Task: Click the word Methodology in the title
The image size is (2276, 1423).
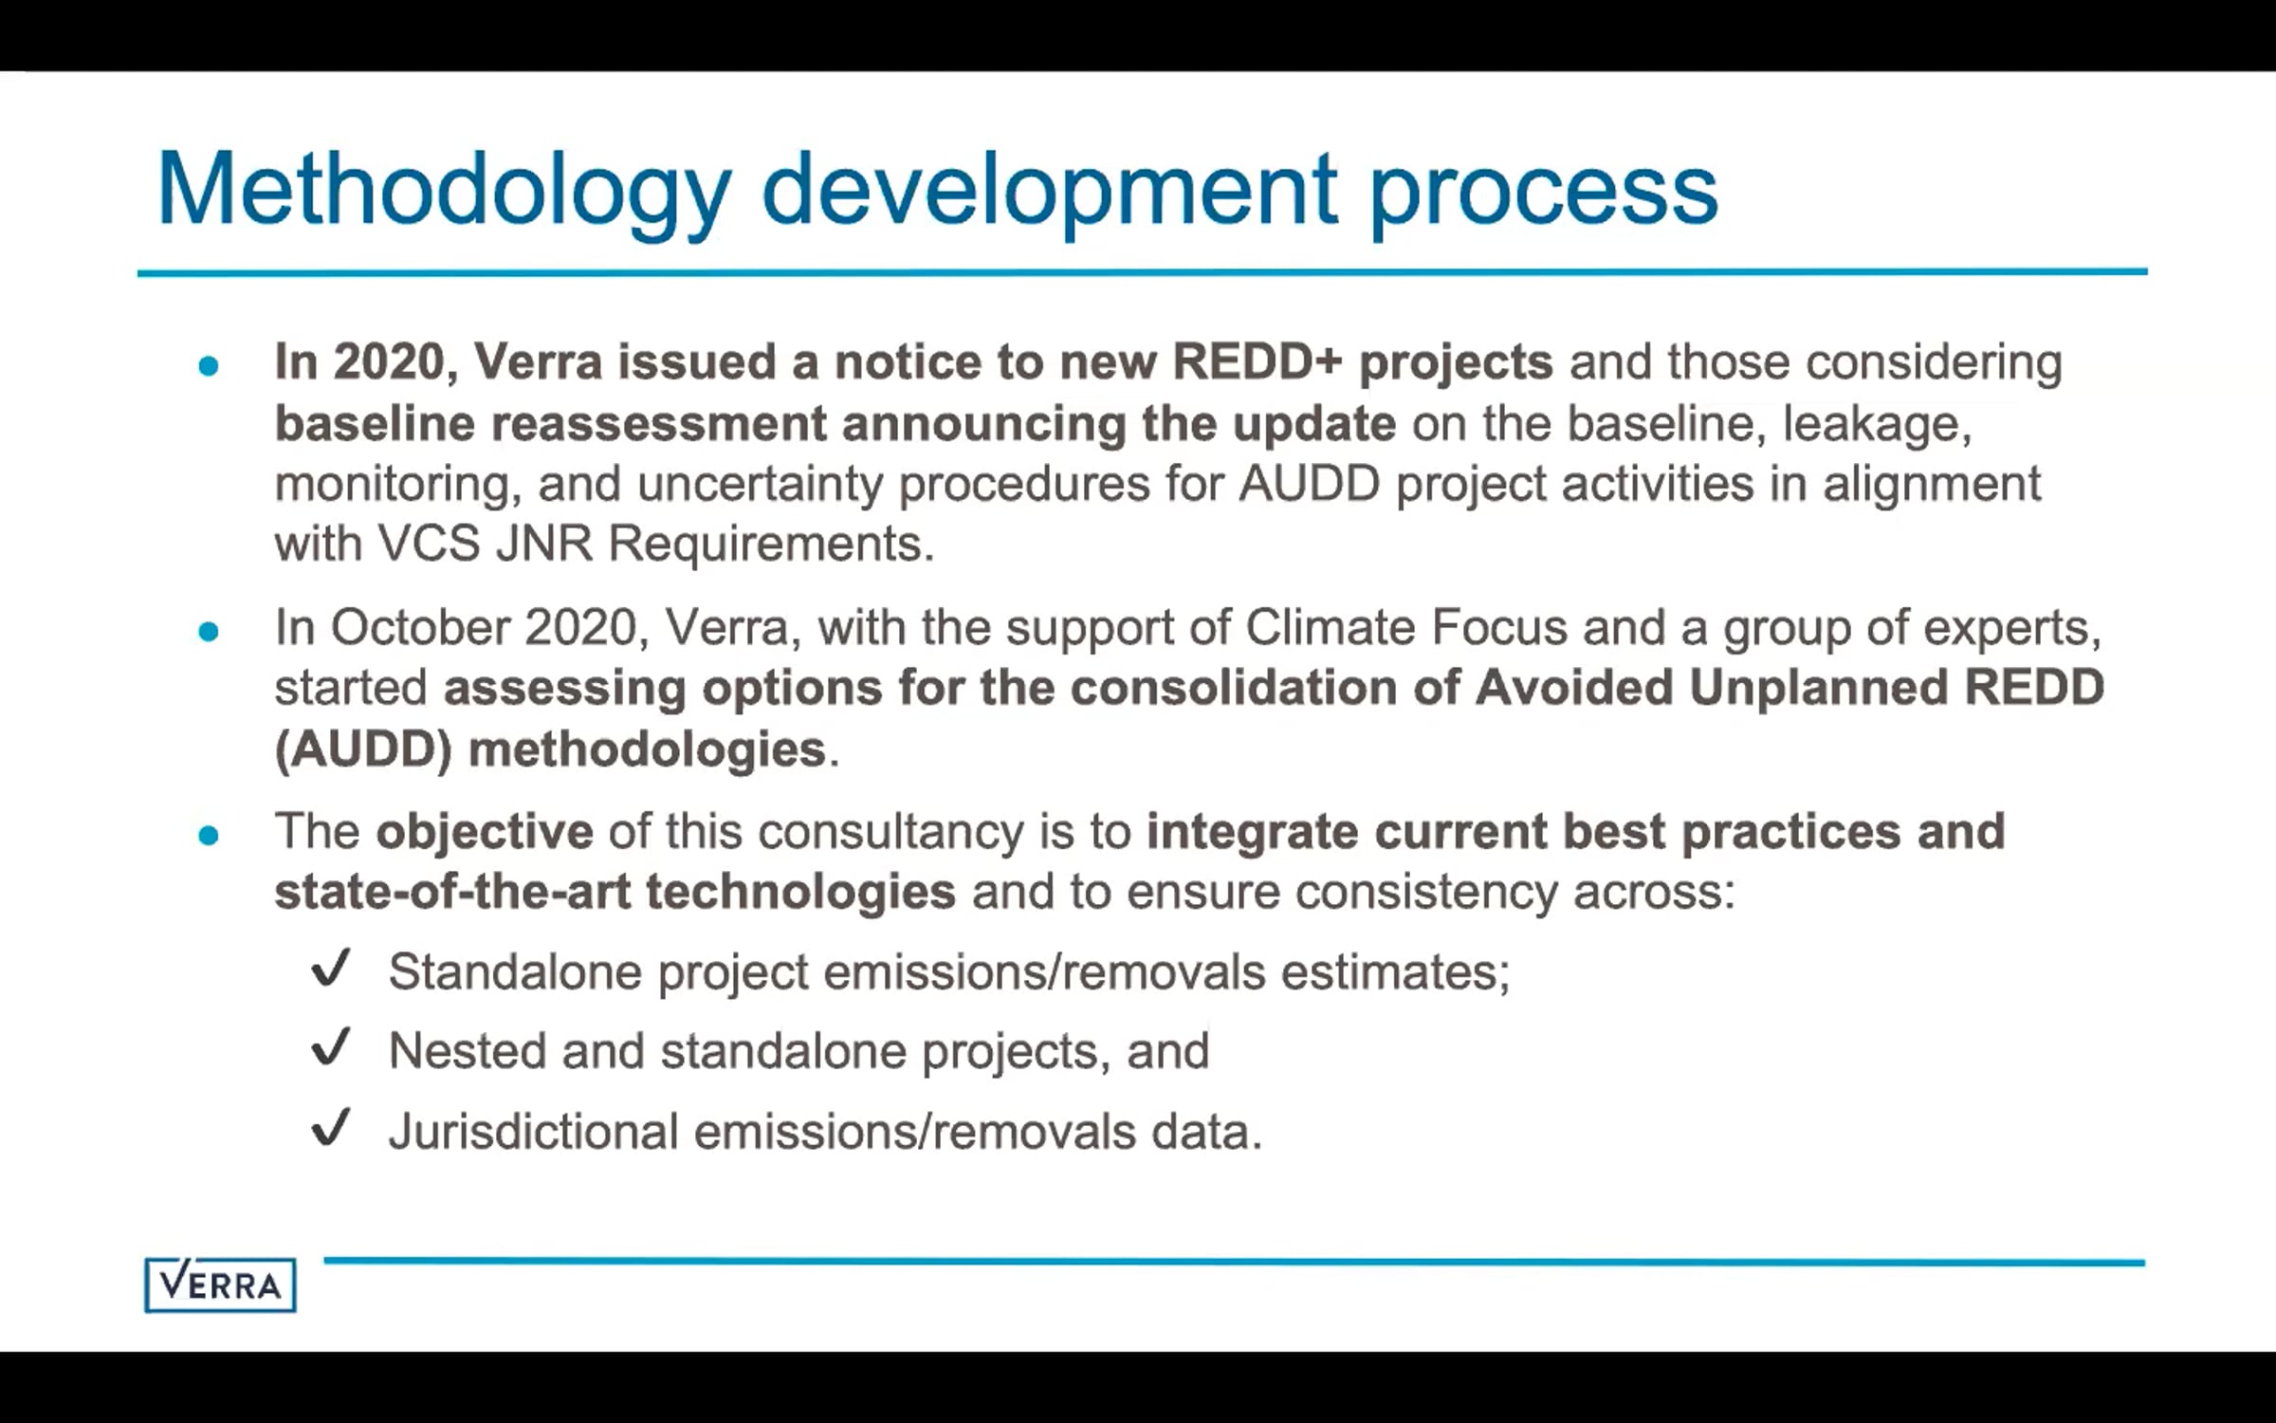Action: pyautogui.click(x=444, y=193)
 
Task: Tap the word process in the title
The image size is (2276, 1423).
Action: pyautogui.click(x=1543, y=198)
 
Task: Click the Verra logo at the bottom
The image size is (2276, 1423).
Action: pyautogui.click(x=220, y=1285)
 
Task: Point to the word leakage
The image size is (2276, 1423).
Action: pyautogui.click(x=1878, y=424)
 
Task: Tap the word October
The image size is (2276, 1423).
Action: pyautogui.click(x=420, y=627)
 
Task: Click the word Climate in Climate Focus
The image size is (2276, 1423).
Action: pyautogui.click(x=1330, y=627)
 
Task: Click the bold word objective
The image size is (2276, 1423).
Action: pyautogui.click(x=485, y=833)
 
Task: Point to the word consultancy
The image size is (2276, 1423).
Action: pyautogui.click(x=890, y=833)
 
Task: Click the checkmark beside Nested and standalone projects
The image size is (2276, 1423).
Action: pyautogui.click(x=331, y=1048)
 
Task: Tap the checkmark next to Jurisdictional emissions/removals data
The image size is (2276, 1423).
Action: pyautogui.click(x=331, y=1128)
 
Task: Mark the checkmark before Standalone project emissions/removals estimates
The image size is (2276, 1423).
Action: pyautogui.click(x=331, y=969)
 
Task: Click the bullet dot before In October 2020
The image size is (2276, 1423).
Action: pyautogui.click(x=209, y=631)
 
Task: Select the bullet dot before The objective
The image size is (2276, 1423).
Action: pyautogui.click(x=209, y=835)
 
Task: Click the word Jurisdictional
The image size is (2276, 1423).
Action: pyautogui.click(x=534, y=1131)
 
